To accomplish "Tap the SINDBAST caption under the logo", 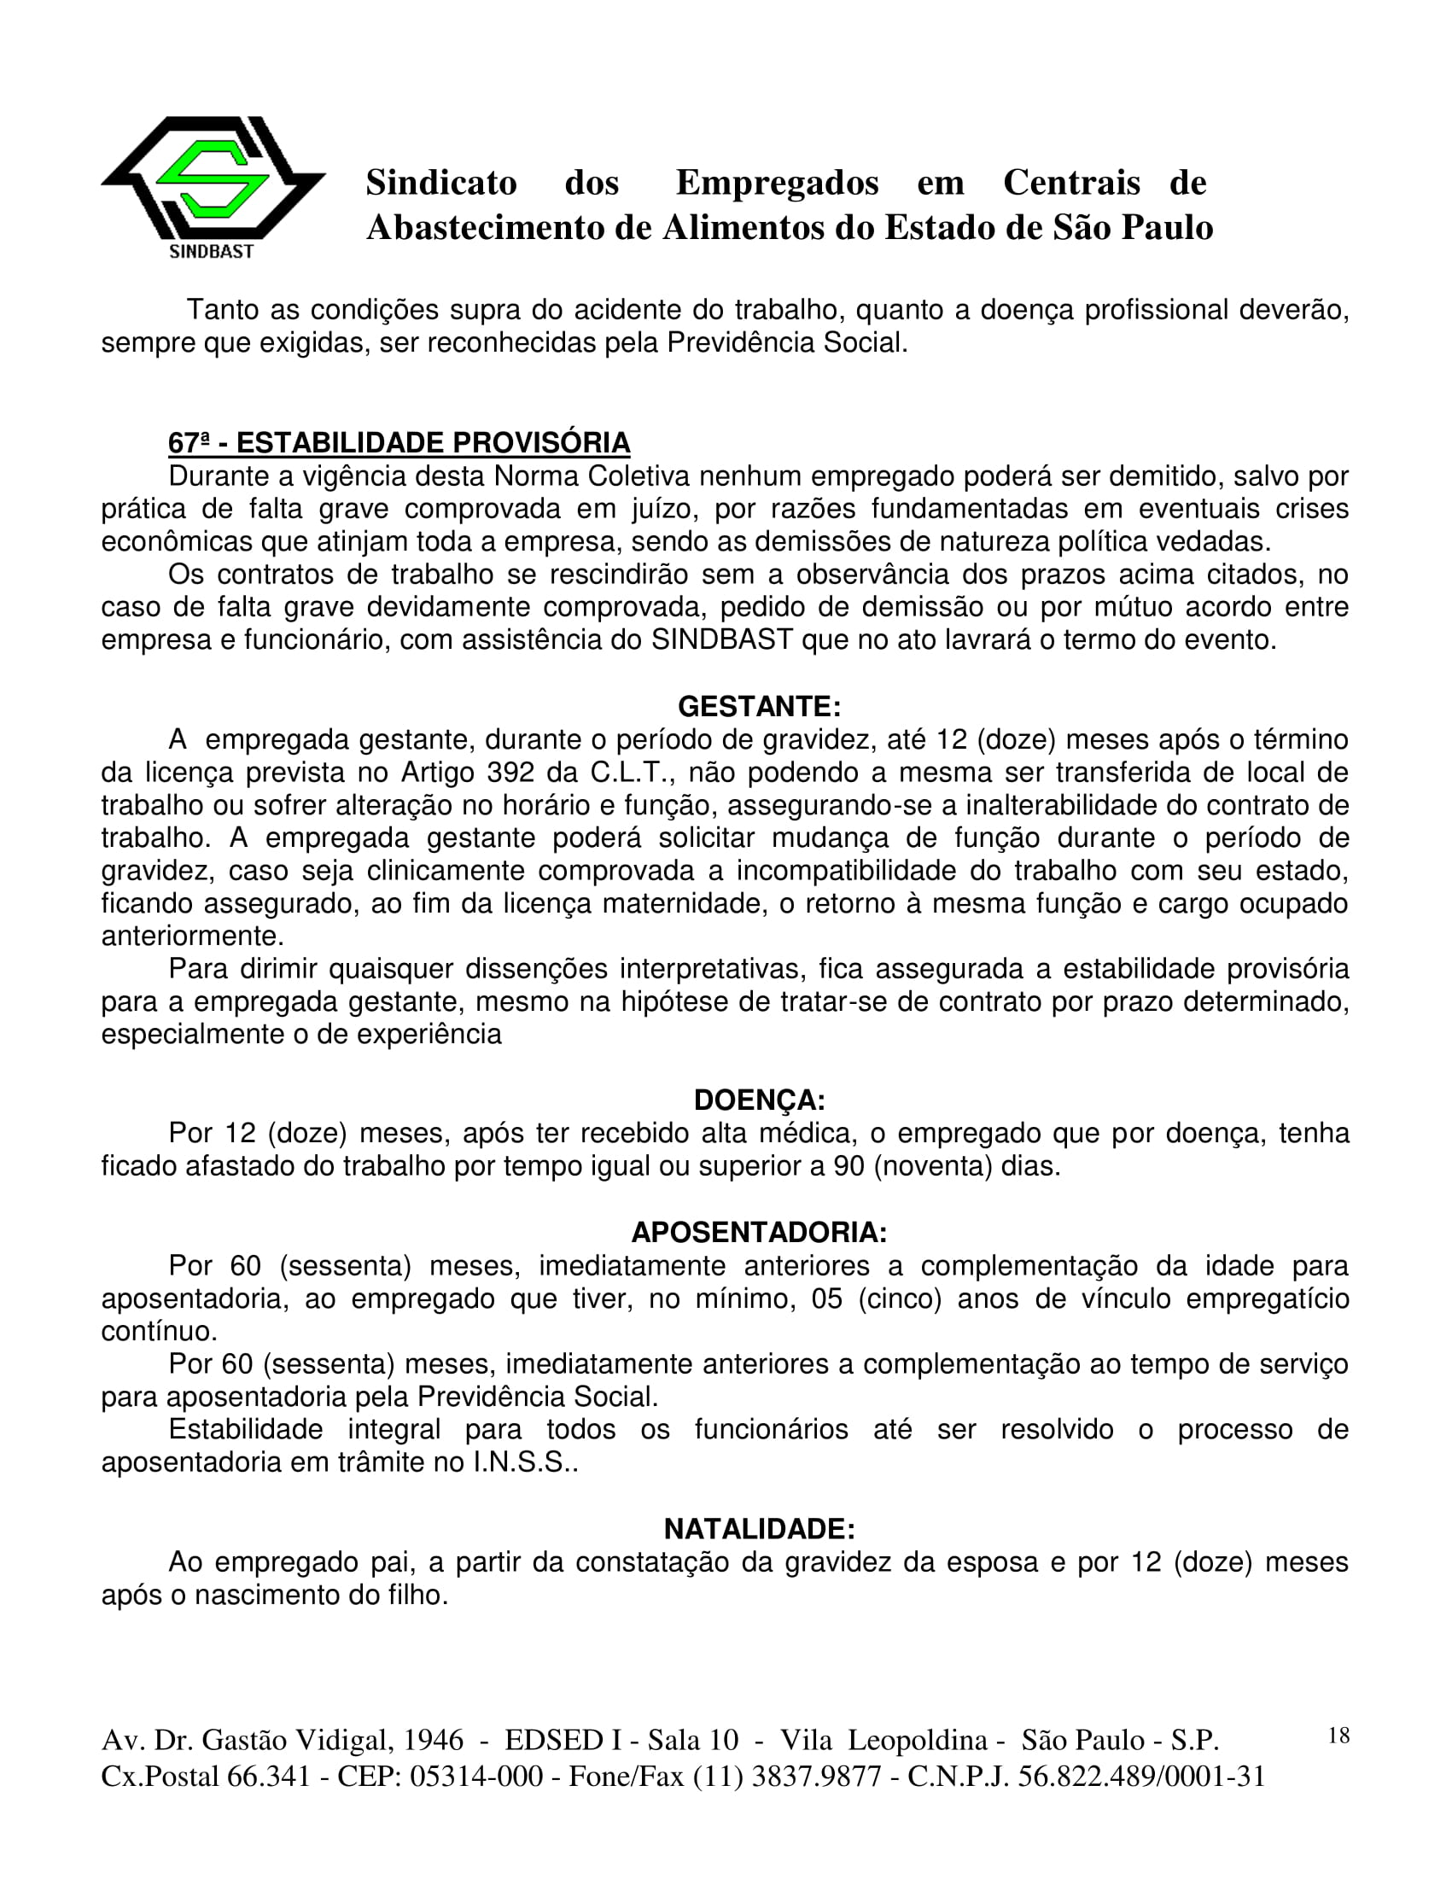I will point(212,252).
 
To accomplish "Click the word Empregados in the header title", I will point(777,183).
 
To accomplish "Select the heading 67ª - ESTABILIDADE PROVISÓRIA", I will point(399,443).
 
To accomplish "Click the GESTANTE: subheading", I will point(759,706).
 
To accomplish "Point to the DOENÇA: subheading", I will point(759,1100).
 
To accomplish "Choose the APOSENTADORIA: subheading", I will point(759,1233).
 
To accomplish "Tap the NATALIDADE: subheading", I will point(759,1529).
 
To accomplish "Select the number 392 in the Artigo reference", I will point(511,773).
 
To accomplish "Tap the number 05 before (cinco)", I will point(826,1299).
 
